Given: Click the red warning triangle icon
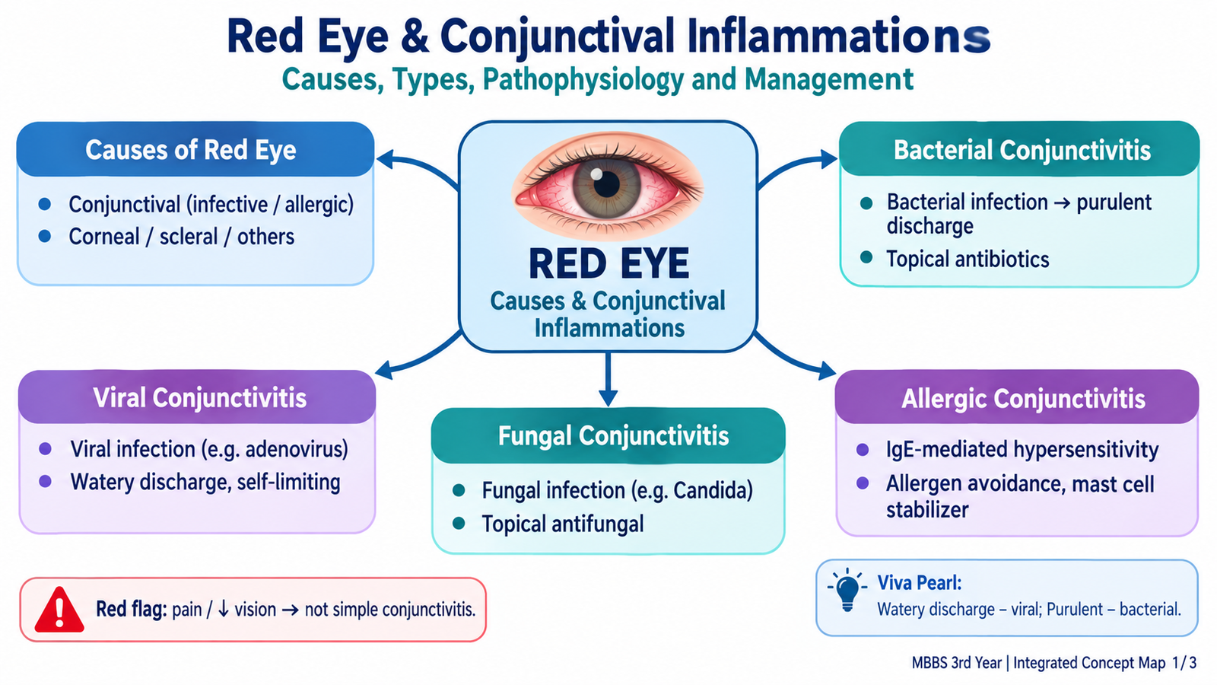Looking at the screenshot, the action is pyautogui.click(x=59, y=610).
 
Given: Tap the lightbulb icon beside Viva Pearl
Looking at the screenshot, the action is pyautogui.click(x=847, y=590).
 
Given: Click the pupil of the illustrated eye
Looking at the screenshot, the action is pyautogui.click(x=606, y=184).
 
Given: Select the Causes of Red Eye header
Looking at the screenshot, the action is pyautogui.click(x=191, y=150).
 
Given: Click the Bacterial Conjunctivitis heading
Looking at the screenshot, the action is pyautogui.click(x=1022, y=151).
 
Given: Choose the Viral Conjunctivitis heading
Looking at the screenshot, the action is pyautogui.click(x=199, y=398).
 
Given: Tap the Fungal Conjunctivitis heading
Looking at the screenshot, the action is pyautogui.click(x=613, y=436).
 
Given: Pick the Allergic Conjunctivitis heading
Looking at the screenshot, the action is pyautogui.click(x=1023, y=399).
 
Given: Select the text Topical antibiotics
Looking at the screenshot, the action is pyautogui.click(x=968, y=260).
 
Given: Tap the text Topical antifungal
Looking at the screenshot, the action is pyautogui.click(x=562, y=524).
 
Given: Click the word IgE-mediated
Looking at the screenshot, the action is pyautogui.click(x=946, y=450).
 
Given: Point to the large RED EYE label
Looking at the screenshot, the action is pyautogui.click(x=608, y=263).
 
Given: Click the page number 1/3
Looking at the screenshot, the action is pyautogui.click(x=1184, y=663).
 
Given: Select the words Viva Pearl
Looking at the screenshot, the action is pyautogui.click(x=920, y=583).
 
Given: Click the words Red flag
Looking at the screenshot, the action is pyautogui.click(x=131, y=610).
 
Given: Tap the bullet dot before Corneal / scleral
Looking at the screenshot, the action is pyautogui.click(x=45, y=237).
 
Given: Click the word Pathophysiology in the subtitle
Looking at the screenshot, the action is pyautogui.click(x=583, y=80).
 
